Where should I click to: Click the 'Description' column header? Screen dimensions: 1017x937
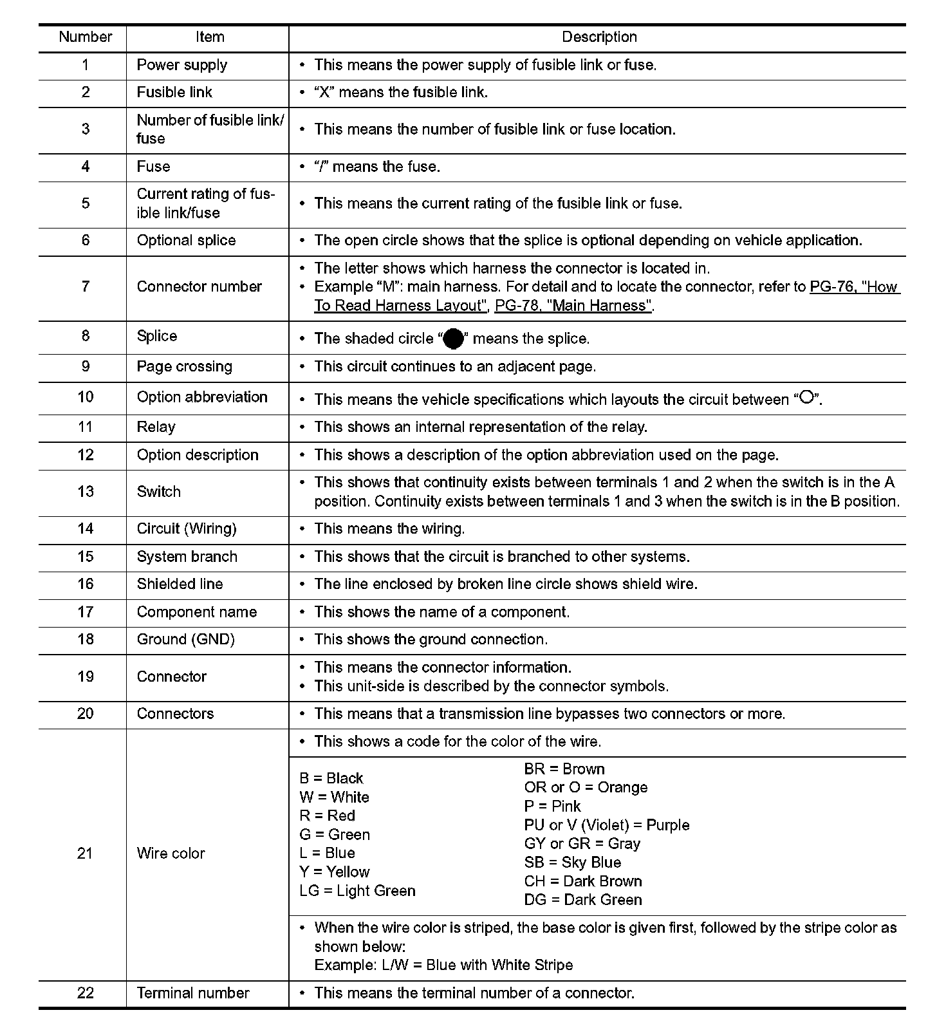point(599,37)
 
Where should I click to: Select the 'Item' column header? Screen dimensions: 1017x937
point(210,37)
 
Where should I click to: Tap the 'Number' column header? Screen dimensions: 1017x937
point(85,37)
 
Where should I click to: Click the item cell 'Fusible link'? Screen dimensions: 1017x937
point(174,93)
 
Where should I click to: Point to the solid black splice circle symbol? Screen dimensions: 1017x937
point(454,339)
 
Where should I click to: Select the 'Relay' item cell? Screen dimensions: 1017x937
point(156,427)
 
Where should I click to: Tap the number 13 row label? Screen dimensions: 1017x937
point(85,492)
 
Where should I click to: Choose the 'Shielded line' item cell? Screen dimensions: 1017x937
point(180,584)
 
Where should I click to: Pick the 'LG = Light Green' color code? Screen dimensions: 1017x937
point(357,891)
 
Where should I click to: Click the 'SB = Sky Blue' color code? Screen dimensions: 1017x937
point(572,863)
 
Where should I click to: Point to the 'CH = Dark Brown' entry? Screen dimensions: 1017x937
point(583,882)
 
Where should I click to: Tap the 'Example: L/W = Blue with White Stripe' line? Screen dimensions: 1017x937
point(443,966)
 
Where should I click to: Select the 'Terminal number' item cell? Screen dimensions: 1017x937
point(193,994)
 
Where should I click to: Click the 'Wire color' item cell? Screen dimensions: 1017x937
point(171,854)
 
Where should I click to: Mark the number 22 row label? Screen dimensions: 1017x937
point(85,994)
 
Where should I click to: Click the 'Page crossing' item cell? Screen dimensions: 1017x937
point(184,367)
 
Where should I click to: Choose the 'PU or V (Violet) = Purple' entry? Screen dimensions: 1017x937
point(606,826)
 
